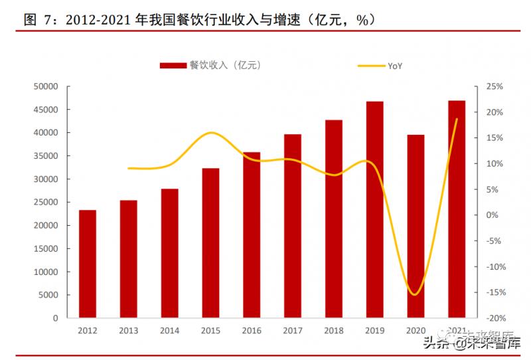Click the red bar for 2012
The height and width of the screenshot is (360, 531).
pos(88,264)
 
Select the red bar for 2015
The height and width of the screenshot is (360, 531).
pos(210,243)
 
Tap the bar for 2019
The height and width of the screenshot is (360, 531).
pos(375,209)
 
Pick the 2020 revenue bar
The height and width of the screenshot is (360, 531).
pos(416,226)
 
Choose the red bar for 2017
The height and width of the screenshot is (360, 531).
pos(293,226)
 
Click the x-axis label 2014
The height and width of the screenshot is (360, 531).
pos(170,329)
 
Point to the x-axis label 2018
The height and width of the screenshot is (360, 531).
pos(334,329)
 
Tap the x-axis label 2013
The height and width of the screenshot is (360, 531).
pos(129,329)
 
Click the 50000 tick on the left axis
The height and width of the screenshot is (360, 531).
pos(46,86)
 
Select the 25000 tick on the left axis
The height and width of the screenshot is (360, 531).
pos(46,203)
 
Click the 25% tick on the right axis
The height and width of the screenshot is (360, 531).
pos(494,86)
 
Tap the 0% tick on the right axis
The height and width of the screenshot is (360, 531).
pos(492,215)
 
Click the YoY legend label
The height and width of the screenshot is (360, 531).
pos(396,66)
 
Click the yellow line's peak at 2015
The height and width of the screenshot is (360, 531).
pos(210,133)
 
